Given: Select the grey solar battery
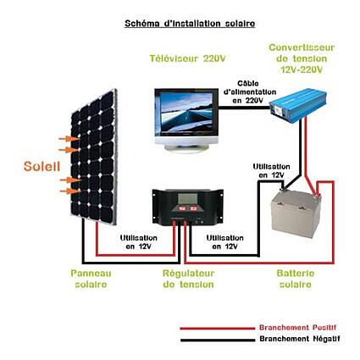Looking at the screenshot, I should point(296,213).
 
